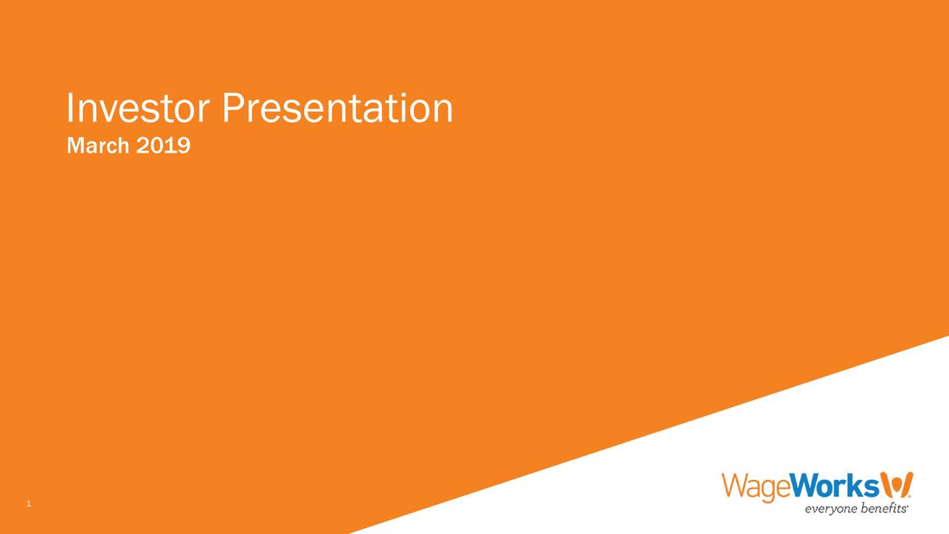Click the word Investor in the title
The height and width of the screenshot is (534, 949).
(138, 108)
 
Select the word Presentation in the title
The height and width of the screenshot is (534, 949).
(337, 108)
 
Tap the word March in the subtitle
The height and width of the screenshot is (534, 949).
(98, 145)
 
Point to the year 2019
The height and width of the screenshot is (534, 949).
(164, 145)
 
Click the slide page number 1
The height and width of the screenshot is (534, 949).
(28, 504)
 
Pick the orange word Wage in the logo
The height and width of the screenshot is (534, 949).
(756, 487)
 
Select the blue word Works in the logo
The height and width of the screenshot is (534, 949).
(835, 485)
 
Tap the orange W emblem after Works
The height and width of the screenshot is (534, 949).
(897, 484)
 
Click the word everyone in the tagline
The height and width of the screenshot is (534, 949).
(828, 509)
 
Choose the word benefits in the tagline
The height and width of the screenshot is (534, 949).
(880, 507)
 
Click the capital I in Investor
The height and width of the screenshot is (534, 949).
(70, 108)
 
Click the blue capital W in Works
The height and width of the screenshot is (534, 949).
(805, 485)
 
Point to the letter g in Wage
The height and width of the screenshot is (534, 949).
(770, 491)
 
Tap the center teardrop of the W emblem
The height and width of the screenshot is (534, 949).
(896, 487)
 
